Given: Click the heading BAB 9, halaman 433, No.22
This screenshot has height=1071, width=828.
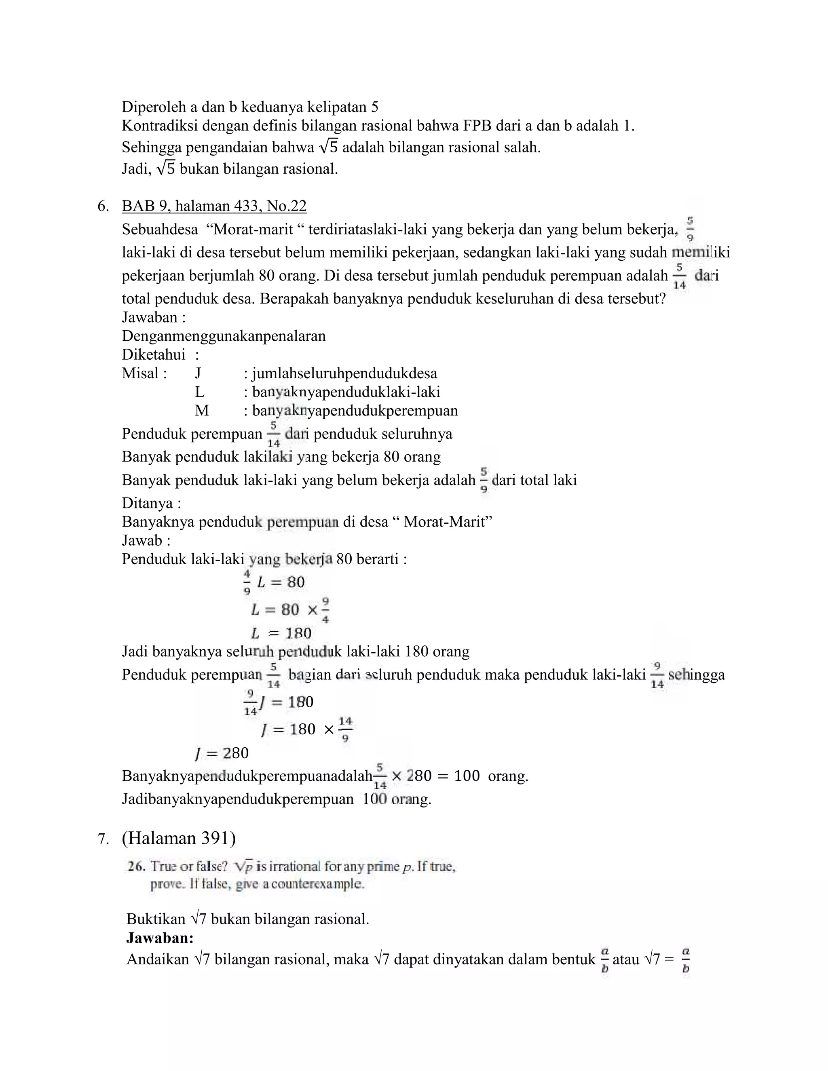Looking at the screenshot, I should click(214, 206).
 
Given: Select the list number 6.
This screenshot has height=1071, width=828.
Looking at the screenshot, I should click(103, 207).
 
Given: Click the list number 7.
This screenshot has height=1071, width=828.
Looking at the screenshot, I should click(103, 839).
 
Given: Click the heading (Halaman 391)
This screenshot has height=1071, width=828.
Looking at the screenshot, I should click(179, 838).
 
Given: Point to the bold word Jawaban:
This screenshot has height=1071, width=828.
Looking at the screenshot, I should click(160, 938).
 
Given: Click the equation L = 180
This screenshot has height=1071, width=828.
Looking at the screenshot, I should click(281, 633).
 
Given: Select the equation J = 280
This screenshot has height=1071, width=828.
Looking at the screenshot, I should click(222, 753).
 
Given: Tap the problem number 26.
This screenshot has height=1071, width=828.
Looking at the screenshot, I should click(136, 866).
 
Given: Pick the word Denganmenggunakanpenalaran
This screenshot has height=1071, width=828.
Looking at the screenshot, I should click(224, 336).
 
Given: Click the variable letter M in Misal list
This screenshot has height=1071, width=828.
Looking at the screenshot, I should click(202, 411).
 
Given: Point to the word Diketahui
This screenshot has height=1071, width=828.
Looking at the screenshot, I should click(154, 354).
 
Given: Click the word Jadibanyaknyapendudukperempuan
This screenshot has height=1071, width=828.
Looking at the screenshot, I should click(237, 799).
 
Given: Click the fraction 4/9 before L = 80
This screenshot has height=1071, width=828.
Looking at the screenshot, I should click(247, 582).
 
